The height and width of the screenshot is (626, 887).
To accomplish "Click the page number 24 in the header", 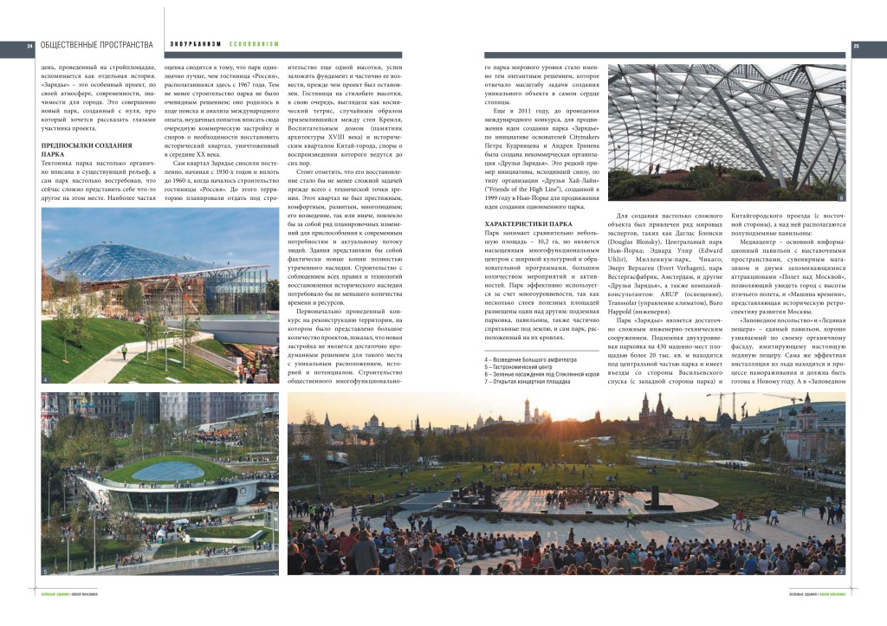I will (x=29, y=46).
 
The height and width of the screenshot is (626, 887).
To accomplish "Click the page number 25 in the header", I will (x=856, y=46).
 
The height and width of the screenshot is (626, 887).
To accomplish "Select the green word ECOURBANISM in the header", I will (x=254, y=45).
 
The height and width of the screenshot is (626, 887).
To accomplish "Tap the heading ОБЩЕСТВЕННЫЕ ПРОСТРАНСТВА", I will (x=96, y=45).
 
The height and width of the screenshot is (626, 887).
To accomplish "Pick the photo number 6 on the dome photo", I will (x=840, y=198).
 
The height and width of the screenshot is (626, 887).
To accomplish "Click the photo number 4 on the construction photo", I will (x=45, y=379).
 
